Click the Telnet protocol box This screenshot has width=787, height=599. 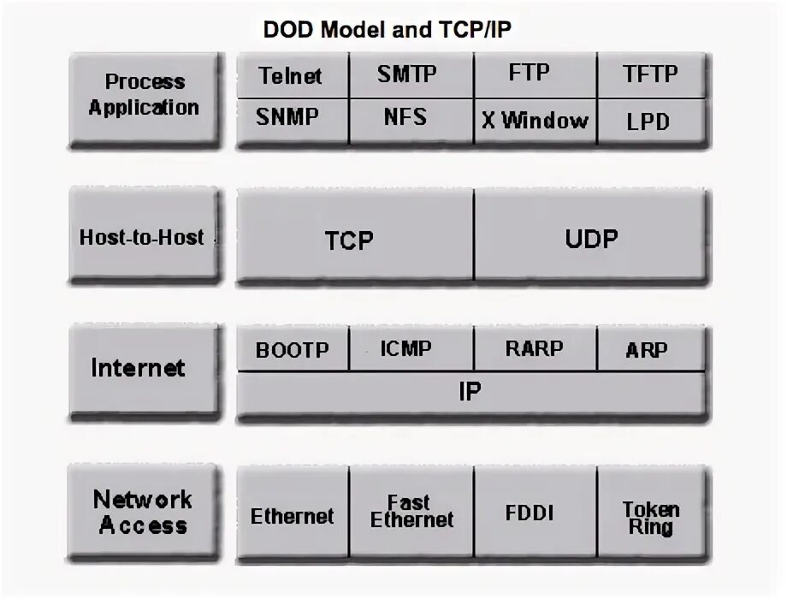pos(291,76)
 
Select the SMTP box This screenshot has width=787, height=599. pos(407,74)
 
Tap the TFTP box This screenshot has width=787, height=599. pos(650,75)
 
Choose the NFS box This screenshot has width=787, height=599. pos(405,116)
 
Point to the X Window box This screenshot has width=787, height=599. pos(534,120)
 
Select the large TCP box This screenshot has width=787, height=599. pos(350,240)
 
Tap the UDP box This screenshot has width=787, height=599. pos(591,238)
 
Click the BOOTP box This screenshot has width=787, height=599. pos(292,351)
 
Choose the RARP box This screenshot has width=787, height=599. pos(535,349)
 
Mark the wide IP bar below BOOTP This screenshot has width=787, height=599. pos(470,392)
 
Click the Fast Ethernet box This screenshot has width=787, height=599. pos(411,512)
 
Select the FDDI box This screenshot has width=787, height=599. pos(530,513)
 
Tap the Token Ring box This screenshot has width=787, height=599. pos(650,518)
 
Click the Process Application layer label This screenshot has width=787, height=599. pos(144,95)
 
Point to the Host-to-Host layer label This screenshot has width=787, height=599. pos(142,237)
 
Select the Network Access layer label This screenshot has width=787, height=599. pos(143,512)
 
